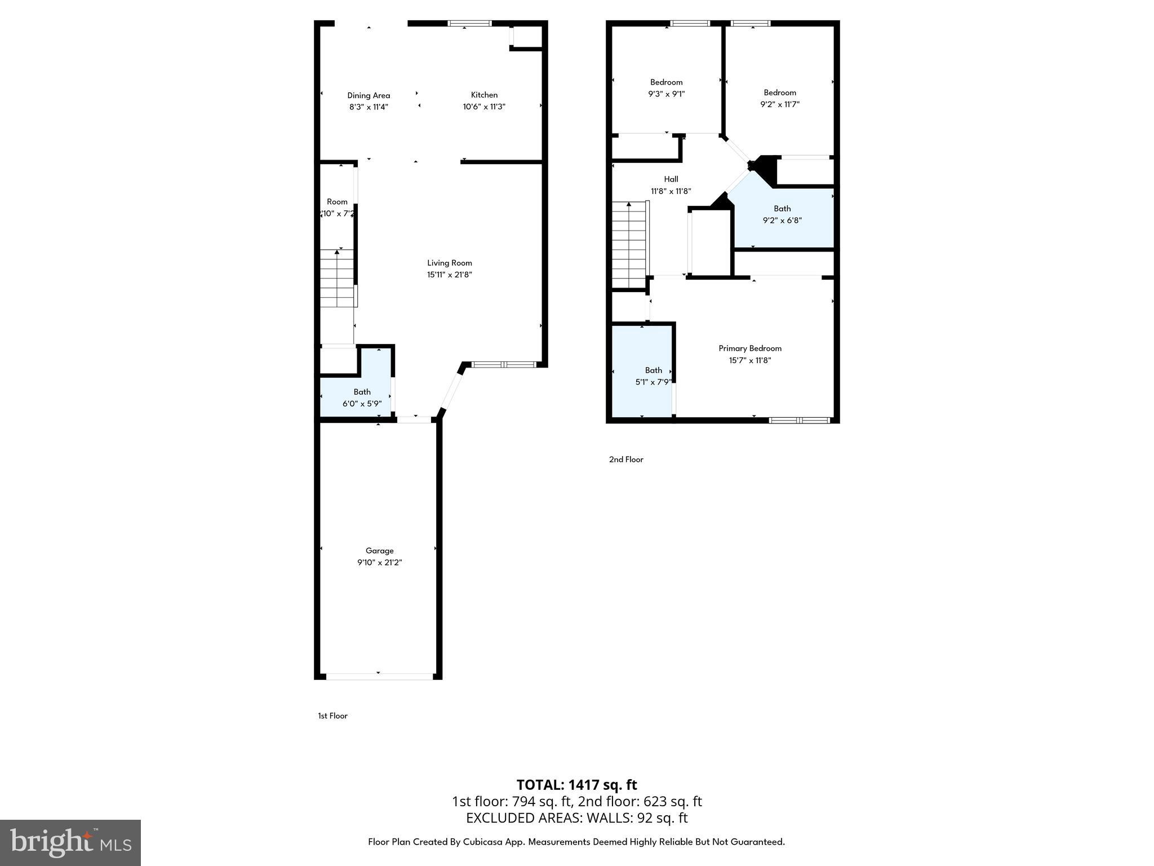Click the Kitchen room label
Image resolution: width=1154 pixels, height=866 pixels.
(484, 95)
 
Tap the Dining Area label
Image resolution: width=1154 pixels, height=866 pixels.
(369, 95)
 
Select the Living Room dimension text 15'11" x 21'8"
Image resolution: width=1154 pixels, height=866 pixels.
(449, 275)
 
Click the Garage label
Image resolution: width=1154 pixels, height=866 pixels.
(379, 550)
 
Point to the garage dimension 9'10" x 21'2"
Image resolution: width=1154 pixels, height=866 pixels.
(379, 562)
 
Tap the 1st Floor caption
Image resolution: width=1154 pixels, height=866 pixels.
(332, 715)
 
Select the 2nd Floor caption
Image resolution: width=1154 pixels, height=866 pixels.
(625, 459)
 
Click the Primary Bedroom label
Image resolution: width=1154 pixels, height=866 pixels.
(749, 348)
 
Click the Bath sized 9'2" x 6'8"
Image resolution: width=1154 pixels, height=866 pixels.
(782, 214)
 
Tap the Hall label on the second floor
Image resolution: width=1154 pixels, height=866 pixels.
(671, 179)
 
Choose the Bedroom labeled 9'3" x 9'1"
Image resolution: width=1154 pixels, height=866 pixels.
(666, 88)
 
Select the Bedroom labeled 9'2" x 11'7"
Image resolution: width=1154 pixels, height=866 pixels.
(780, 98)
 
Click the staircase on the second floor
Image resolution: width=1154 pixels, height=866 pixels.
(629, 245)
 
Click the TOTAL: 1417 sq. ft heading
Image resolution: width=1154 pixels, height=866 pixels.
(576, 784)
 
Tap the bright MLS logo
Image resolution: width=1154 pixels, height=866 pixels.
(70, 842)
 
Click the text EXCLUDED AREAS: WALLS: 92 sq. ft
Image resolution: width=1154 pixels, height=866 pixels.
(576, 818)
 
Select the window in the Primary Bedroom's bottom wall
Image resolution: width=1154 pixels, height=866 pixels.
(799, 419)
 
